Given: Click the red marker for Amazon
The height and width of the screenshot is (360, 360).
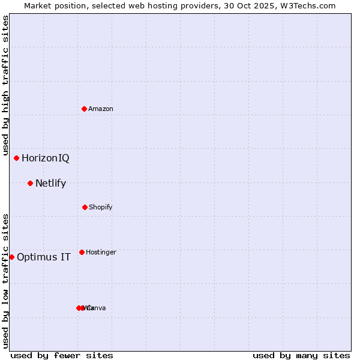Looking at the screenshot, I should click(x=84, y=109).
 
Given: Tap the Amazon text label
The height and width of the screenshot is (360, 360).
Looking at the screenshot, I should click(x=101, y=109).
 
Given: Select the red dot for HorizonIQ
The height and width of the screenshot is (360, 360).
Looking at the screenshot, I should click(x=16, y=158).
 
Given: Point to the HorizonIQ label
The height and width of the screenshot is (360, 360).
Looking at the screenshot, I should click(x=46, y=158).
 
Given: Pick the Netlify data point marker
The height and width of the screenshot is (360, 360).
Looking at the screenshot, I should click(x=30, y=183).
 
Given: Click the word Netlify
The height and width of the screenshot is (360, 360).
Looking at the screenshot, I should click(x=51, y=184).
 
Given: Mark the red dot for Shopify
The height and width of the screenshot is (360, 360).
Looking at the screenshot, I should click(x=85, y=207).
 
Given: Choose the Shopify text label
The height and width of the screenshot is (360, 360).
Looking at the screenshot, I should click(x=101, y=208).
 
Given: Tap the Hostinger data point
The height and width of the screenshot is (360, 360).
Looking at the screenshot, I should click(x=82, y=252).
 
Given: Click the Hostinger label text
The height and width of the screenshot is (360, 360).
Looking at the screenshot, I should click(x=101, y=253).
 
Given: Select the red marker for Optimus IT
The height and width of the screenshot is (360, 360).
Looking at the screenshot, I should click(x=11, y=257).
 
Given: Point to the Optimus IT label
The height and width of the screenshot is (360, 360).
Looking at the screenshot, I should click(x=44, y=257).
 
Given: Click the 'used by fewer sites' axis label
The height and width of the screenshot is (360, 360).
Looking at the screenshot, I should click(x=62, y=355).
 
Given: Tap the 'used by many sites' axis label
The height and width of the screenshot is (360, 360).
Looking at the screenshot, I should click(x=301, y=355).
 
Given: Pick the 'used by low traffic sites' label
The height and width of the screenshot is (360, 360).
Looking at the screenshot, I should click(x=5, y=281).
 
